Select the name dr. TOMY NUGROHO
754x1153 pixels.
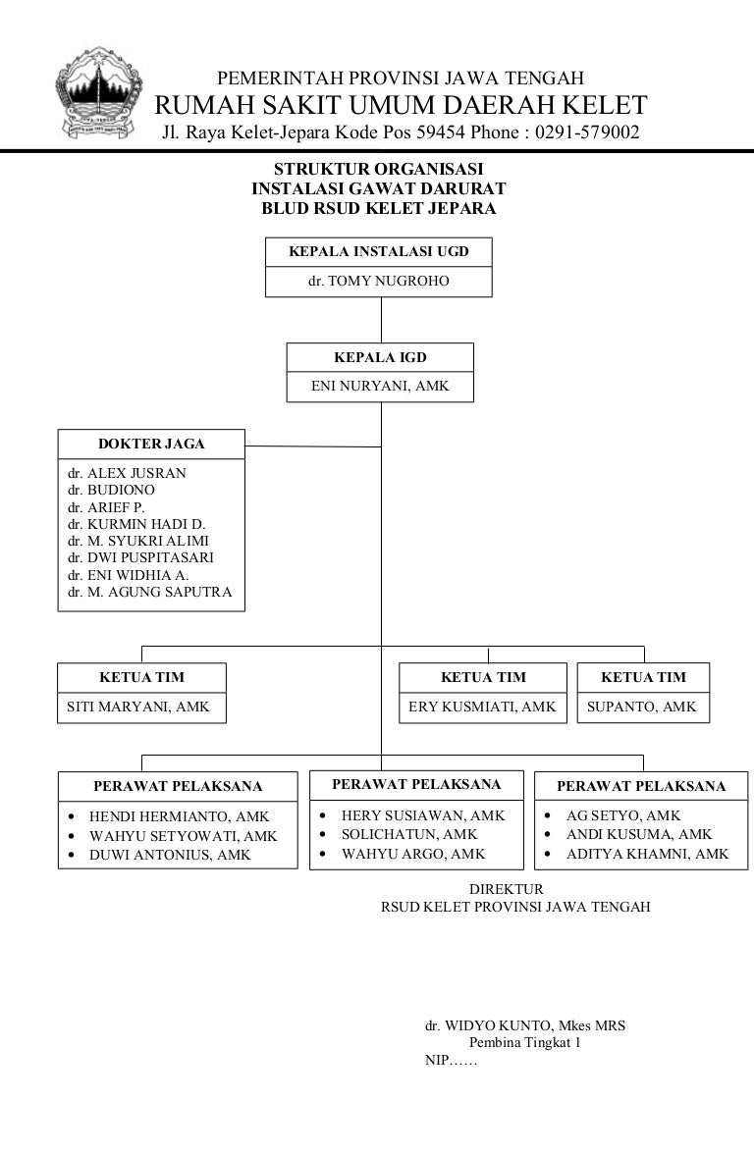click(378, 282)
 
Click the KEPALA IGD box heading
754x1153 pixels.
click(380, 357)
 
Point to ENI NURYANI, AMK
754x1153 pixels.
click(380, 387)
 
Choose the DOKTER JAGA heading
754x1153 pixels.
click(151, 444)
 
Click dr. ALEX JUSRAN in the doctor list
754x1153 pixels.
click(127, 473)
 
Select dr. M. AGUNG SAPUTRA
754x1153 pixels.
click(149, 593)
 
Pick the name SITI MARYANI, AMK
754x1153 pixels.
click(137, 707)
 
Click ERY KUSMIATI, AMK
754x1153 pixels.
click(482, 707)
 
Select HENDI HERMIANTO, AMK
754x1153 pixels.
click(179, 816)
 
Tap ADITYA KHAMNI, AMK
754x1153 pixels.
click(647, 854)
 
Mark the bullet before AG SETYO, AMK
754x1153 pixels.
click(547, 816)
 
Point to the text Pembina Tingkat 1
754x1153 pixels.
click(524, 1043)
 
